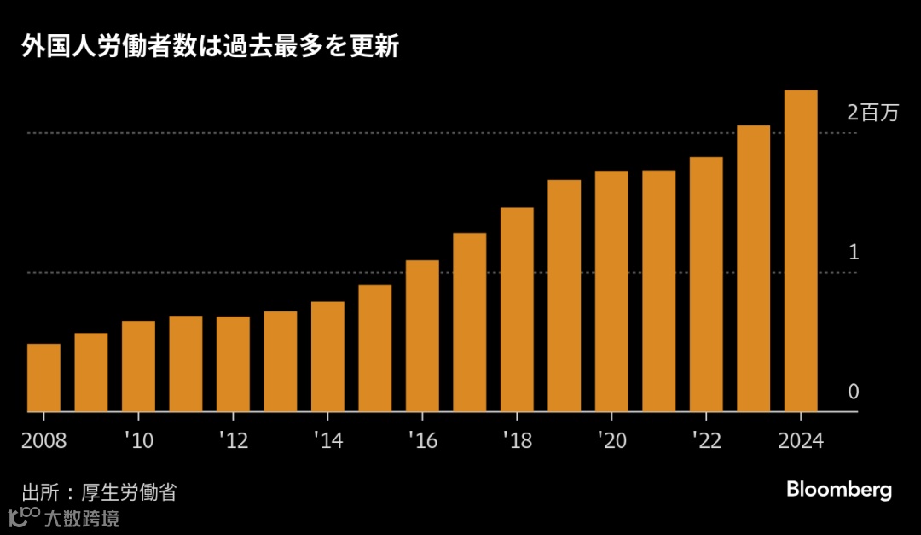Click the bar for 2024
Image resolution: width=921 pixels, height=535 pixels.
801,251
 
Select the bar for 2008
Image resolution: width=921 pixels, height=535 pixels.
43,378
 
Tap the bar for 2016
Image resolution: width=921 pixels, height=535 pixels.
422,336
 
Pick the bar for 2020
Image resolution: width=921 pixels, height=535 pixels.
611,292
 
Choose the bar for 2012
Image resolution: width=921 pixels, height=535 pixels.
233,364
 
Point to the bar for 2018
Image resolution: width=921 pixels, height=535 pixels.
517,310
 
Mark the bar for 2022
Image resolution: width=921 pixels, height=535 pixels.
706,285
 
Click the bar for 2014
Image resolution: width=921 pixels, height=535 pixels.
327,357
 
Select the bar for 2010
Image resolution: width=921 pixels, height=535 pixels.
138,367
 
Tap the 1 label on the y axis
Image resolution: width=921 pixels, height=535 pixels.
854,253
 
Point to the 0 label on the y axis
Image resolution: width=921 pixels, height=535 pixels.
854,392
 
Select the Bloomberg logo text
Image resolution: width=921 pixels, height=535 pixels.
839,490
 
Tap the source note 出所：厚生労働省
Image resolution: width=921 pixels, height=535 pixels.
99,492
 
